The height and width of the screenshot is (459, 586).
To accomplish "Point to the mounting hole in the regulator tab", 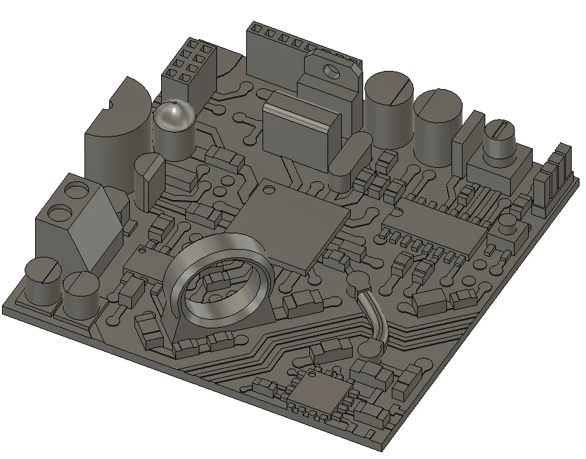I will coord(333,67).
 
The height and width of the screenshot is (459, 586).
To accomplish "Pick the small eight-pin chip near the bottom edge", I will coord(318,390).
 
